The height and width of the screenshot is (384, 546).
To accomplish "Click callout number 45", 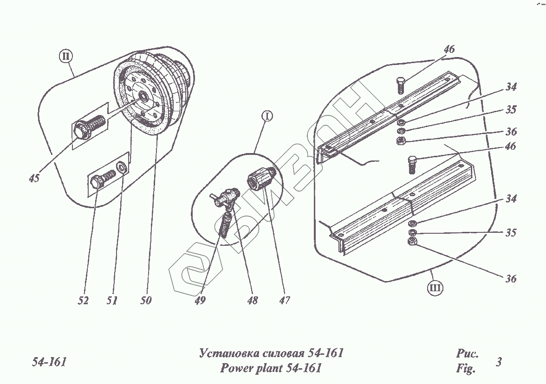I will [33, 178].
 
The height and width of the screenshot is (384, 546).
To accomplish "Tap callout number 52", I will [83, 301].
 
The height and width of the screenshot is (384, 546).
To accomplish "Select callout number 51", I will [111, 301].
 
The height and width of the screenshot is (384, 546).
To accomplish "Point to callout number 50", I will [146, 301].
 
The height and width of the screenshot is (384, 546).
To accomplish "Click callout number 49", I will [200, 301].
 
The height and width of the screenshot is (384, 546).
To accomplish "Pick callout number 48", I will [253, 301].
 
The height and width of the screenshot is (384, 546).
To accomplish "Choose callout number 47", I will [284, 301].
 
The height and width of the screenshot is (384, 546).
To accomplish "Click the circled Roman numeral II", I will [66, 57].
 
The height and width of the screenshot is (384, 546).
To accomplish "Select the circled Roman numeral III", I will [435, 288].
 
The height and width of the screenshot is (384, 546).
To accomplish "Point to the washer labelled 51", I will [121, 166].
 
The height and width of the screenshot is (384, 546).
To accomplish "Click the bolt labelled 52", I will [102, 179].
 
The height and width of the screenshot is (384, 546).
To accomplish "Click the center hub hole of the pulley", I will [142, 97].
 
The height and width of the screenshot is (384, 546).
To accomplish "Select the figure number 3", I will [499, 362].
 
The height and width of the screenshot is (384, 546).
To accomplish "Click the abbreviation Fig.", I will [466, 370].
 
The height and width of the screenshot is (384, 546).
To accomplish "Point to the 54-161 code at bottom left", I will [49, 362].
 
